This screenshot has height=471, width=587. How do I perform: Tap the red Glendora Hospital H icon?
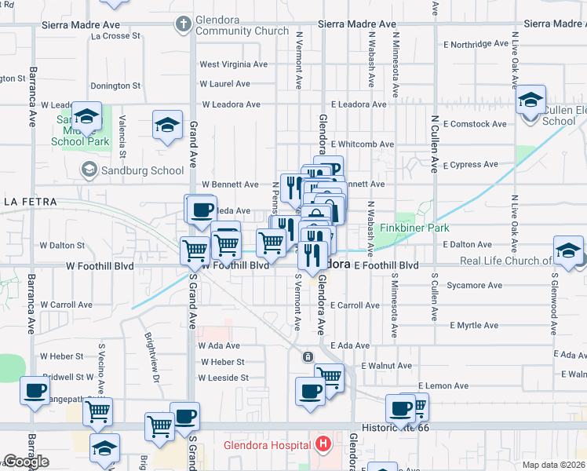322,445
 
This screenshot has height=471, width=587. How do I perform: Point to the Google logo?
26,462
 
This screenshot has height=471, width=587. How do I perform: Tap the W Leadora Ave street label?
231,104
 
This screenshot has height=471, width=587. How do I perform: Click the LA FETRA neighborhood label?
31,202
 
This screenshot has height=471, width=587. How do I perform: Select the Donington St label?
115,86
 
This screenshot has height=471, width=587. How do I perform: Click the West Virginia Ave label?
233,64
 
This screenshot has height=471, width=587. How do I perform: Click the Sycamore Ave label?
472,287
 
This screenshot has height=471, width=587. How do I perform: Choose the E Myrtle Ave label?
474,325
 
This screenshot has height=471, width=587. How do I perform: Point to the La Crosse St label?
115,35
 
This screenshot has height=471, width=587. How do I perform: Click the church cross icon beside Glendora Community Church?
184,24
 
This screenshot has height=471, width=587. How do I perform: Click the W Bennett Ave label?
230,184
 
